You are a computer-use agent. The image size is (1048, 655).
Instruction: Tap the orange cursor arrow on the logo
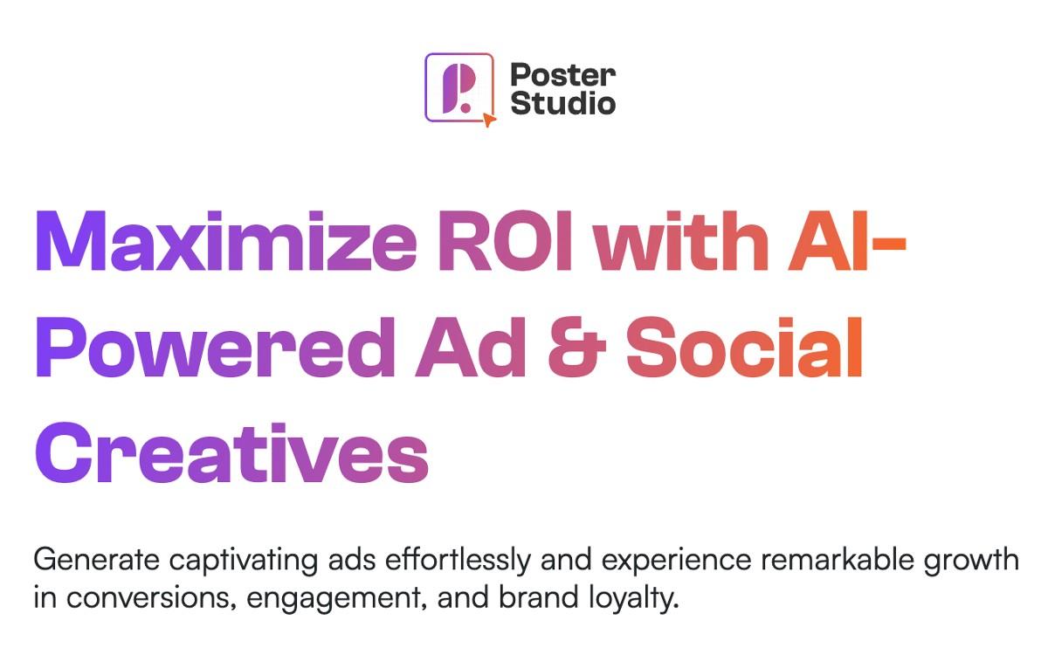pos(488,120)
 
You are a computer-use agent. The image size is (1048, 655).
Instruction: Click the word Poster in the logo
pos(563,74)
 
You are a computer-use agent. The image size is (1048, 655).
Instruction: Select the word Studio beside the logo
pos(563,103)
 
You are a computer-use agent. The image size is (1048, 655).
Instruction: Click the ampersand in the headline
pos(577,347)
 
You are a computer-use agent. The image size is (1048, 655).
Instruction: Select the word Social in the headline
pos(745,347)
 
